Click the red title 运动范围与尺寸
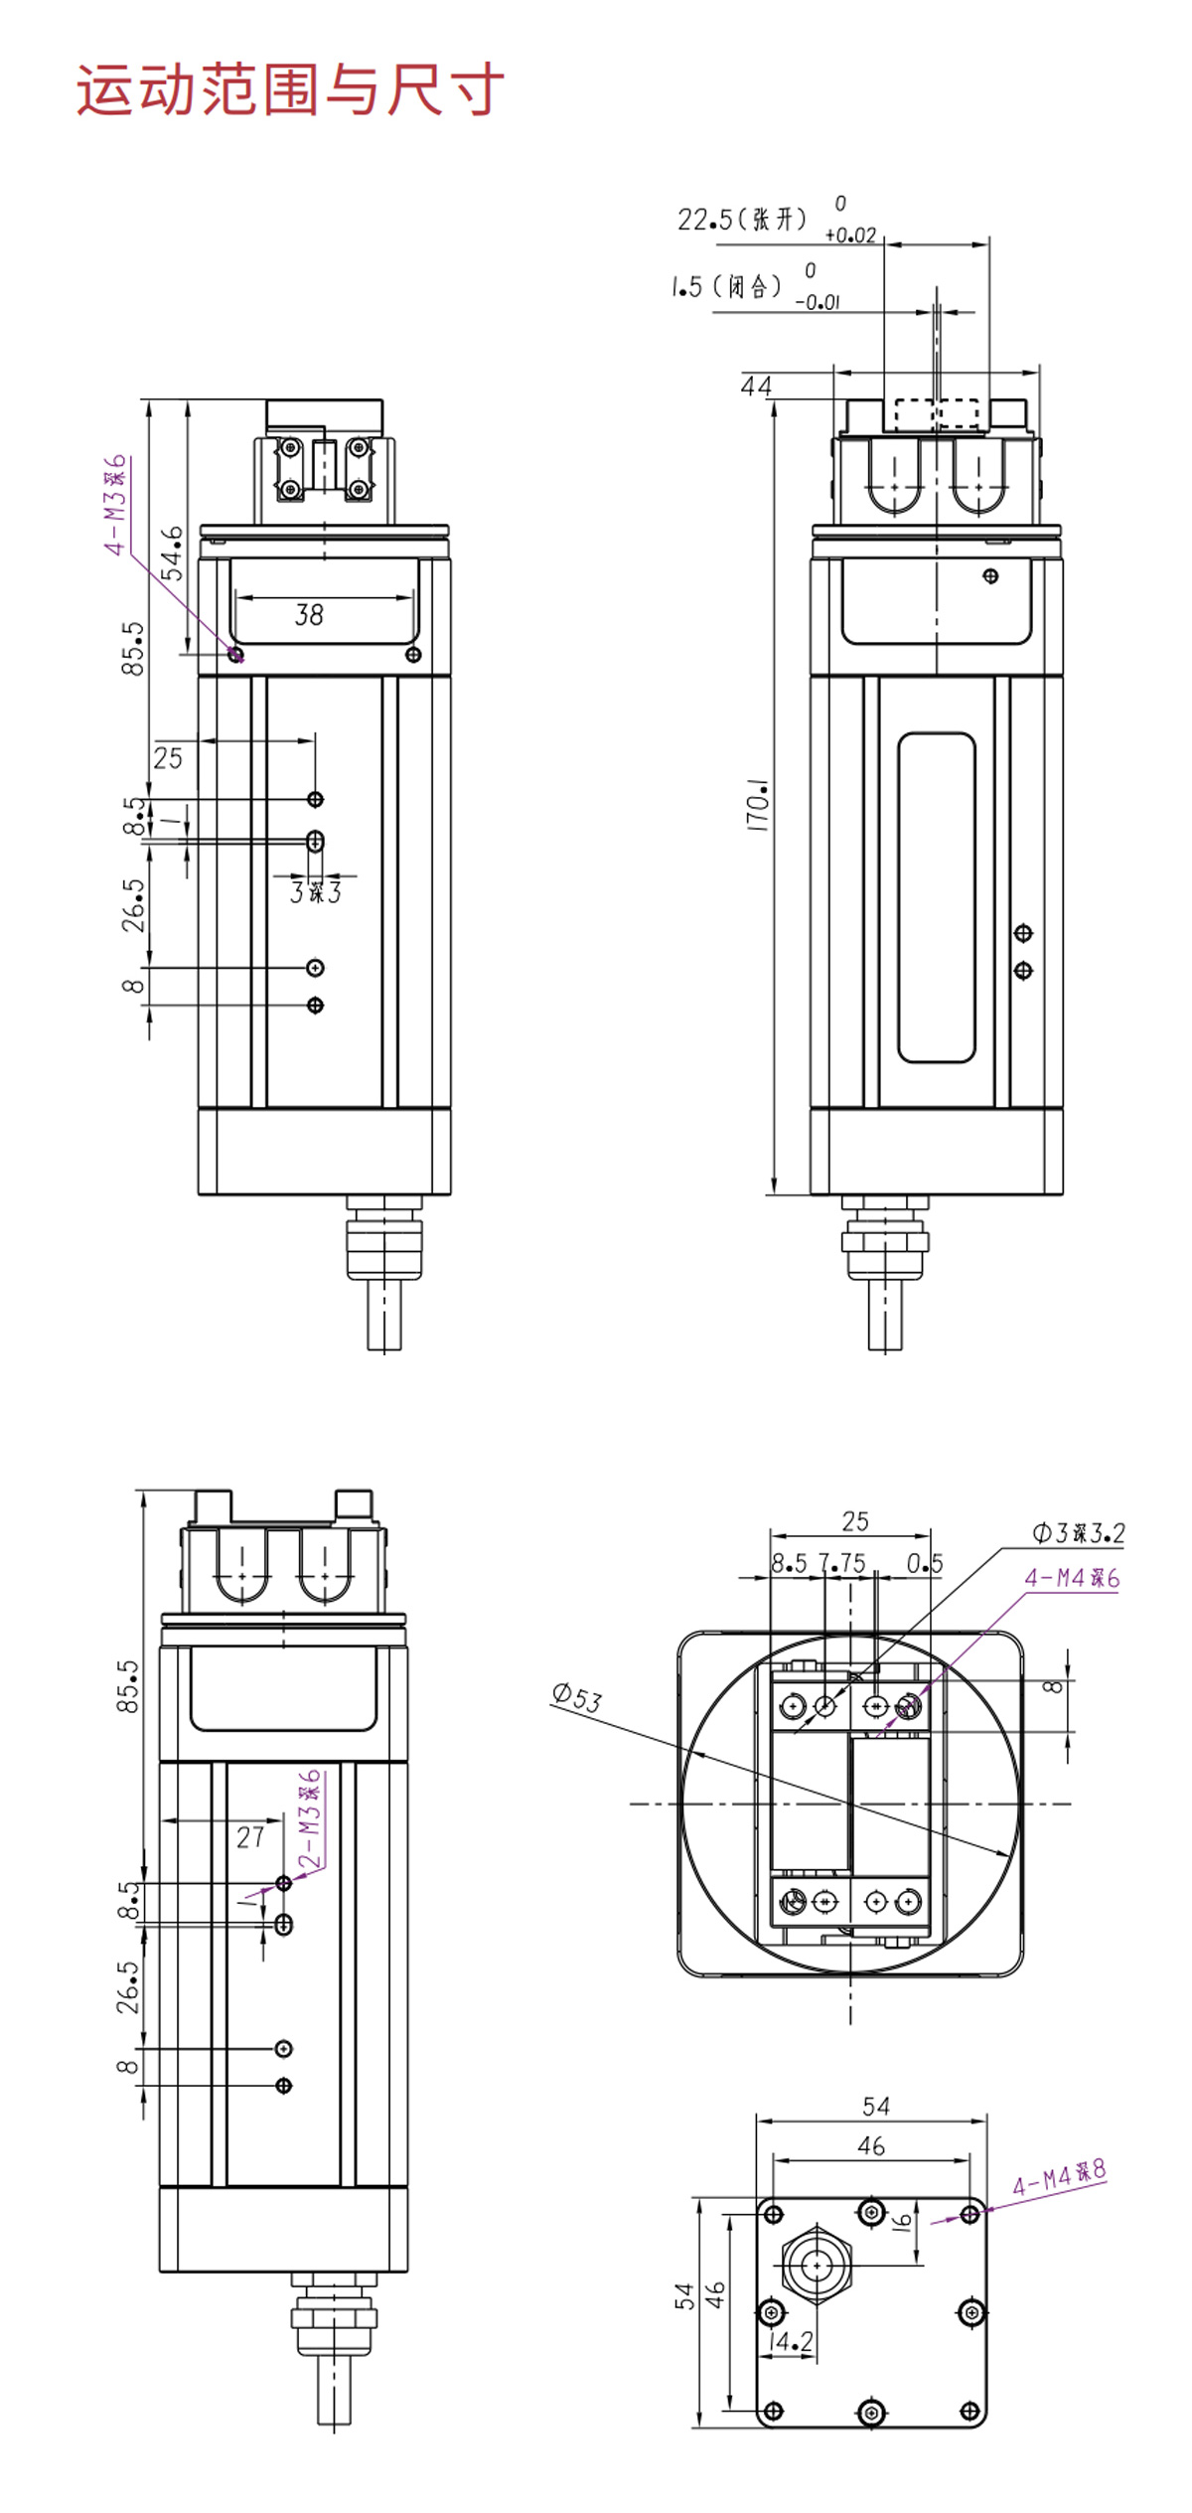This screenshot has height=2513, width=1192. [x=290, y=90]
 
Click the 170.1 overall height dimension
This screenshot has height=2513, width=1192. [x=758, y=805]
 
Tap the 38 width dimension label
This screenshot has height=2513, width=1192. [x=309, y=615]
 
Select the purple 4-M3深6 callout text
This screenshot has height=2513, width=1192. [x=117, y=505]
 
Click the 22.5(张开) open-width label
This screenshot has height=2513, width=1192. [x=742, y=219]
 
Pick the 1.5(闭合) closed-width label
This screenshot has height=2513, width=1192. [x=726, y=287]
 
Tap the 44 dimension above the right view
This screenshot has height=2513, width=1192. [x=756, y=386]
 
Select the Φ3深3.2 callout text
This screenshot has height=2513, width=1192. [x=1079, y=1533]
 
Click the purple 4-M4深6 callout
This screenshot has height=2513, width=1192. [x=1072, y=1578]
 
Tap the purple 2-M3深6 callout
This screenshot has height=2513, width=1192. [x=310, y=1819]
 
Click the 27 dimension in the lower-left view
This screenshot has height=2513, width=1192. [x=250, y=1837]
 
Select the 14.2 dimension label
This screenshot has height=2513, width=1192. [x=791, y=2342]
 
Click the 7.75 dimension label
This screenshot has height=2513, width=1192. [x=842, y=1563]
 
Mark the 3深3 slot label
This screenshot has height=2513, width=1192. [x=316, y=892]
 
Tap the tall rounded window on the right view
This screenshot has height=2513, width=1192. [x=937, y=898]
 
